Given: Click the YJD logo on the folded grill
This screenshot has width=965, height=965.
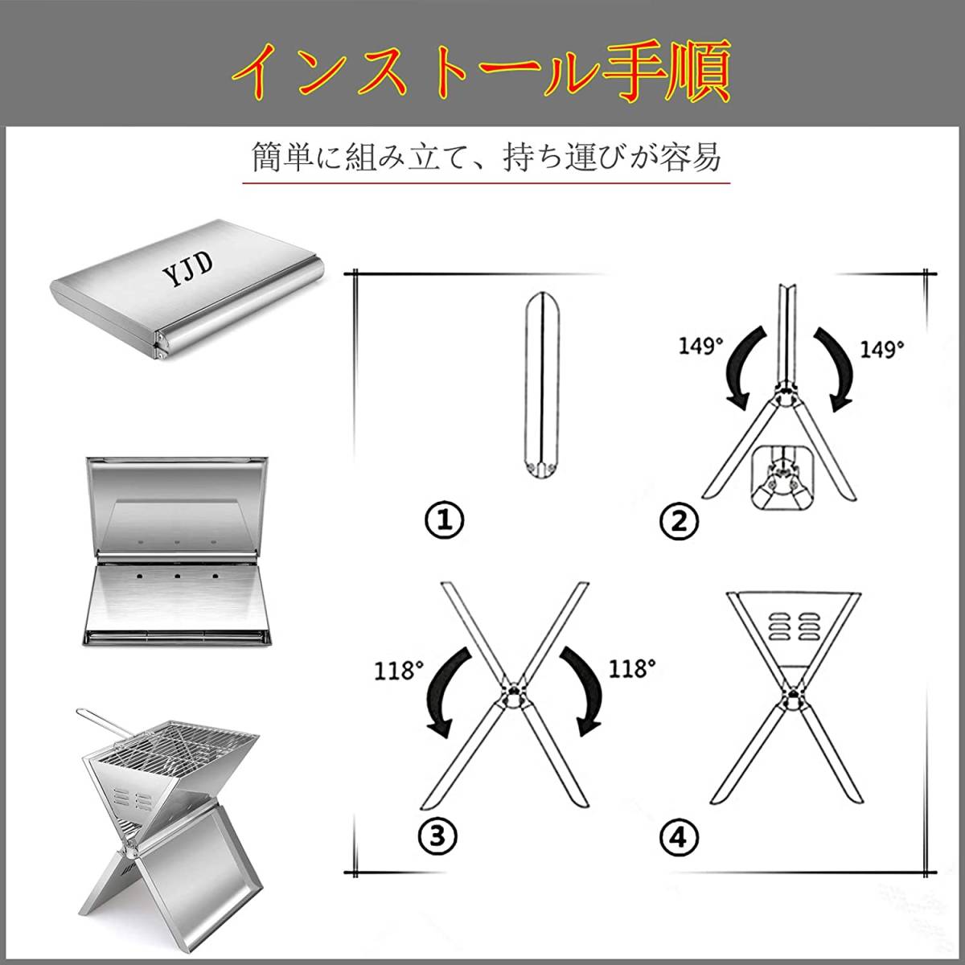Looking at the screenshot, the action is (x=188, y=270).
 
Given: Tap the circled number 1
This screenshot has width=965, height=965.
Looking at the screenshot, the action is (x=444, y=520).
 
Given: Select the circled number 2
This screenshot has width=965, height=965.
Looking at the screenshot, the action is (x=679, y=522).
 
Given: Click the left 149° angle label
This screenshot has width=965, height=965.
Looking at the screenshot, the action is (x=700, y=346).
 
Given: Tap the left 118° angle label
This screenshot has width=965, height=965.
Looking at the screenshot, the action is (x=399, y=670).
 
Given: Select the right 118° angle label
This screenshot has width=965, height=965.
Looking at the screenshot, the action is (x=632, y=667).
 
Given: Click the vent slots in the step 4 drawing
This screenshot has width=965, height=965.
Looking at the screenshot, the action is (x=792, y=626).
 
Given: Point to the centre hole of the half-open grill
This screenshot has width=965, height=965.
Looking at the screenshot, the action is (x=177, y=577).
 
